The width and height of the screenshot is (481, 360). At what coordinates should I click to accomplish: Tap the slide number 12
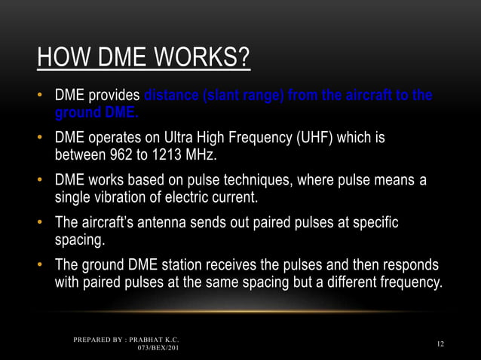point(440,344)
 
